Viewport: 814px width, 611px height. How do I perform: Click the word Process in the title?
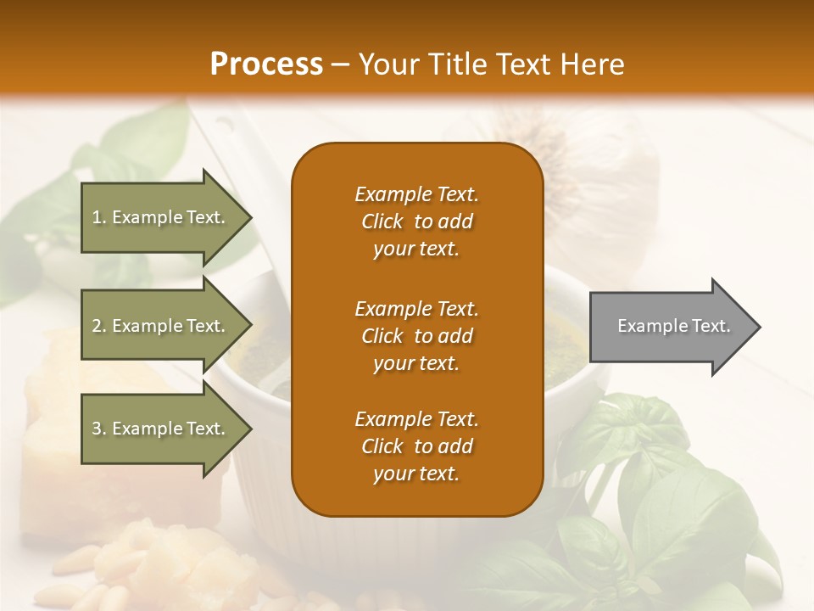[266, 64]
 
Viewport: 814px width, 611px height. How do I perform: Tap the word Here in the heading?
[593, 64]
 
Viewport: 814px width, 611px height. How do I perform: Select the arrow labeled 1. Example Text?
[161, 218]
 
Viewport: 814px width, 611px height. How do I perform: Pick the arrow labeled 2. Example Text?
[161, 326]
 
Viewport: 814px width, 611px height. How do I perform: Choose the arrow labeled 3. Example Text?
[161, 429]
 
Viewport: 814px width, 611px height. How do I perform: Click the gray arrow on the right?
[670, 327]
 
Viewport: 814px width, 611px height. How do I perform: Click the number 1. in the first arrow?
[99, 218]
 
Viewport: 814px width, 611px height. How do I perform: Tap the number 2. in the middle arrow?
[99, 326]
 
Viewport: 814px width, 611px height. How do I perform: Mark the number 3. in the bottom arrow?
[99, 429]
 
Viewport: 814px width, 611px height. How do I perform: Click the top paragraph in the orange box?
[416, 221]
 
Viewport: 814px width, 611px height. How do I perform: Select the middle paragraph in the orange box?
[416, 336]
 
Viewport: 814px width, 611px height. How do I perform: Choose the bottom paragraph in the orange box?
[416, 446]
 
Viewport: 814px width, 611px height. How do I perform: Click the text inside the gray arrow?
[674, 326]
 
